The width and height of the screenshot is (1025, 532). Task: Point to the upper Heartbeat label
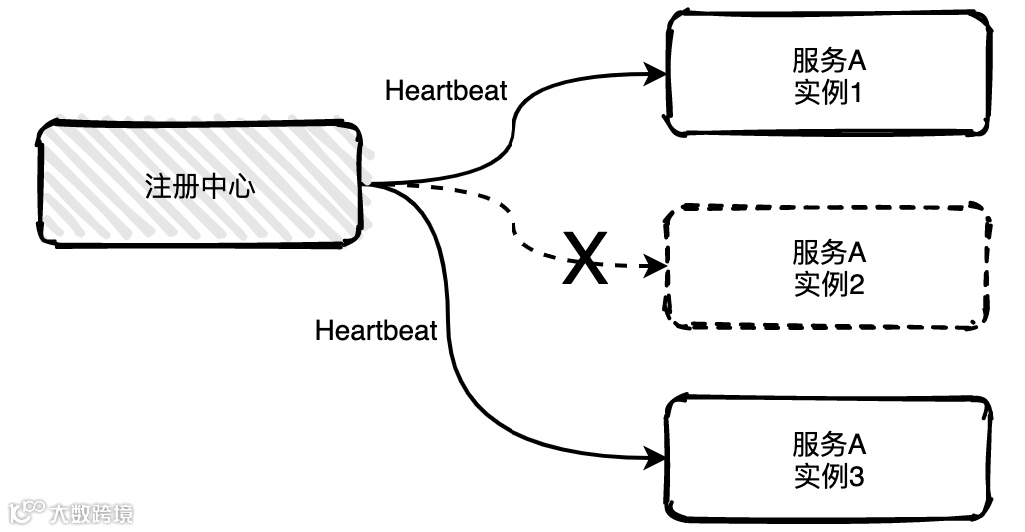coord(446,91)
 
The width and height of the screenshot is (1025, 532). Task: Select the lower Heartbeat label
coord(376,331)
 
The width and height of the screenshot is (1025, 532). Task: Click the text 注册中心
coord(200,187)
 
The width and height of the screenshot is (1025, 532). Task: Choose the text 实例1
coord(828,95)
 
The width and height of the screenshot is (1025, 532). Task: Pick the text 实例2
coord(828,285)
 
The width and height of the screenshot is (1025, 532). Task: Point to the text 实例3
coord(828,476)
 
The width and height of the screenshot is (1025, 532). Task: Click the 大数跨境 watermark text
coord(91,514)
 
